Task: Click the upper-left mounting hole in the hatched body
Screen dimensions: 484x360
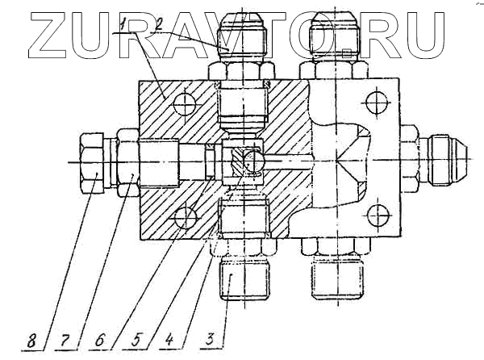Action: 185,103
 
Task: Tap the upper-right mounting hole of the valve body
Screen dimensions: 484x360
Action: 373,102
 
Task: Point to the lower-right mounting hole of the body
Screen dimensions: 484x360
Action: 373,216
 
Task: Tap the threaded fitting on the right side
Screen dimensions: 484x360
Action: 444,157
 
